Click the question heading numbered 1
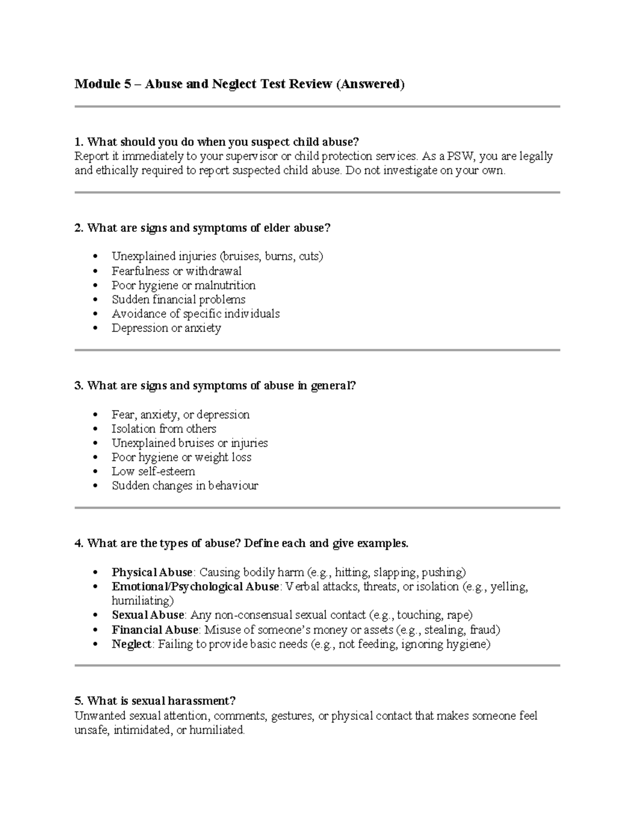pyautogui.click(x=217, y=142)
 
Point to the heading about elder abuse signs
pyautogui.click(x=203, y=228)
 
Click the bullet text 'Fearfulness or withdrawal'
pyautogui.click(x=176, y=271)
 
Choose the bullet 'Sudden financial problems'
pyautogui.click(x=178, y=300)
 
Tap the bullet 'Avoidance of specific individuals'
pyautogui.click(x=195, y=314)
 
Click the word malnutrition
pyautogui.click(x=225, y=285)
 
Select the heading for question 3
pyautogui.click(x=215, y=386)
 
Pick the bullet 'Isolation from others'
pyautogui.click(x=164, y=429)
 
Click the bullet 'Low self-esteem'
pyautogui.click(x=153, y=472)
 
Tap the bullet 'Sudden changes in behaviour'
pyautogui.click(x=185, y=486)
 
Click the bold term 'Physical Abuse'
pyautogui.click(x=152, y=572)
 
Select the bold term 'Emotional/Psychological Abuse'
pyautogui.click(x=195, y=586)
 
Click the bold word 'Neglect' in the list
pyautogui.click(x=131, y=644)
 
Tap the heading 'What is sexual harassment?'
pyautogui.click(x=155, y=701)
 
